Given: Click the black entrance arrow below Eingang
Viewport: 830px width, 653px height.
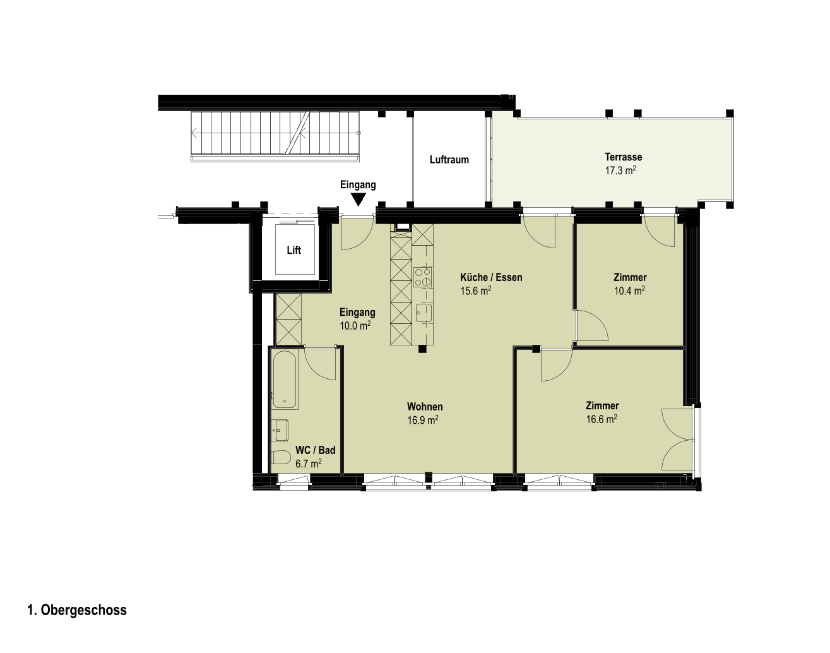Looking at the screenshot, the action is [x=359, y=199].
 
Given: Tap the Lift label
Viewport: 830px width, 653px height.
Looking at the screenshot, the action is [x=294, y=251].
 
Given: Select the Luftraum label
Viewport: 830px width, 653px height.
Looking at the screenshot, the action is [x=449, y=160].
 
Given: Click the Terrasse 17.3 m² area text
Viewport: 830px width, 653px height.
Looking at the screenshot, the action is [x=620, y=171].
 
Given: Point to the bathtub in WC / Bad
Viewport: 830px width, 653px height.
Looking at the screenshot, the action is [x=285, y=380].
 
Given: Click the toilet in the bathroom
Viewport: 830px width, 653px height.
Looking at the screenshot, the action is [x=281, y=458].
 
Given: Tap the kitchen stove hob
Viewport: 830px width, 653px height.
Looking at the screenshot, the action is [x=423, y=277].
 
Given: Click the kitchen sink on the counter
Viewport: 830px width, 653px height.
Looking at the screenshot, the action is [x=424, y=313].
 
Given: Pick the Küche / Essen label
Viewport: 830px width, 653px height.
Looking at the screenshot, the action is [x=491, y=277].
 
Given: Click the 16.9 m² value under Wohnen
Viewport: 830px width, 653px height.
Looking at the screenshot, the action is [x=423, y=420].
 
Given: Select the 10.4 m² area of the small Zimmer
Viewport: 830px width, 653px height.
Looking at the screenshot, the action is [x=629, y=291].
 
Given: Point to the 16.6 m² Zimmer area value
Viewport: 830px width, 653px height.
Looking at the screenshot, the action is [x=602, y=419].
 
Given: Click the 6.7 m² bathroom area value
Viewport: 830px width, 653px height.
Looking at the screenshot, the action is [x=309, y=464].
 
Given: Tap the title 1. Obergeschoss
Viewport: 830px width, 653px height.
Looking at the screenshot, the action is [x=77, y=610].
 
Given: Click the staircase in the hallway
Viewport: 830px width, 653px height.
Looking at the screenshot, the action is [x=275, y=135].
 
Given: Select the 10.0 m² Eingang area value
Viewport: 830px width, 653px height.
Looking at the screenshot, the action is [x=355, y=326].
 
